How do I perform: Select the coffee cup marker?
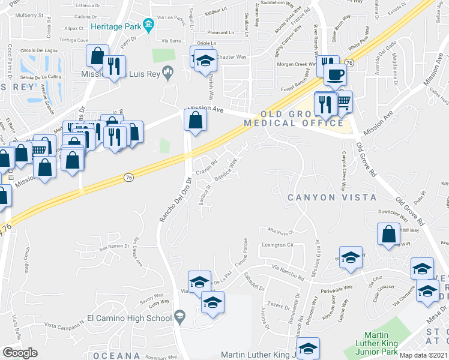[334, 75]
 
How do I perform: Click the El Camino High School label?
[129, 317]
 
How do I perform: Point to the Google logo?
[20, 353]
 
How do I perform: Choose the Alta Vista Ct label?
[279, 230]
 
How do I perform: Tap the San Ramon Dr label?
[115, 247]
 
